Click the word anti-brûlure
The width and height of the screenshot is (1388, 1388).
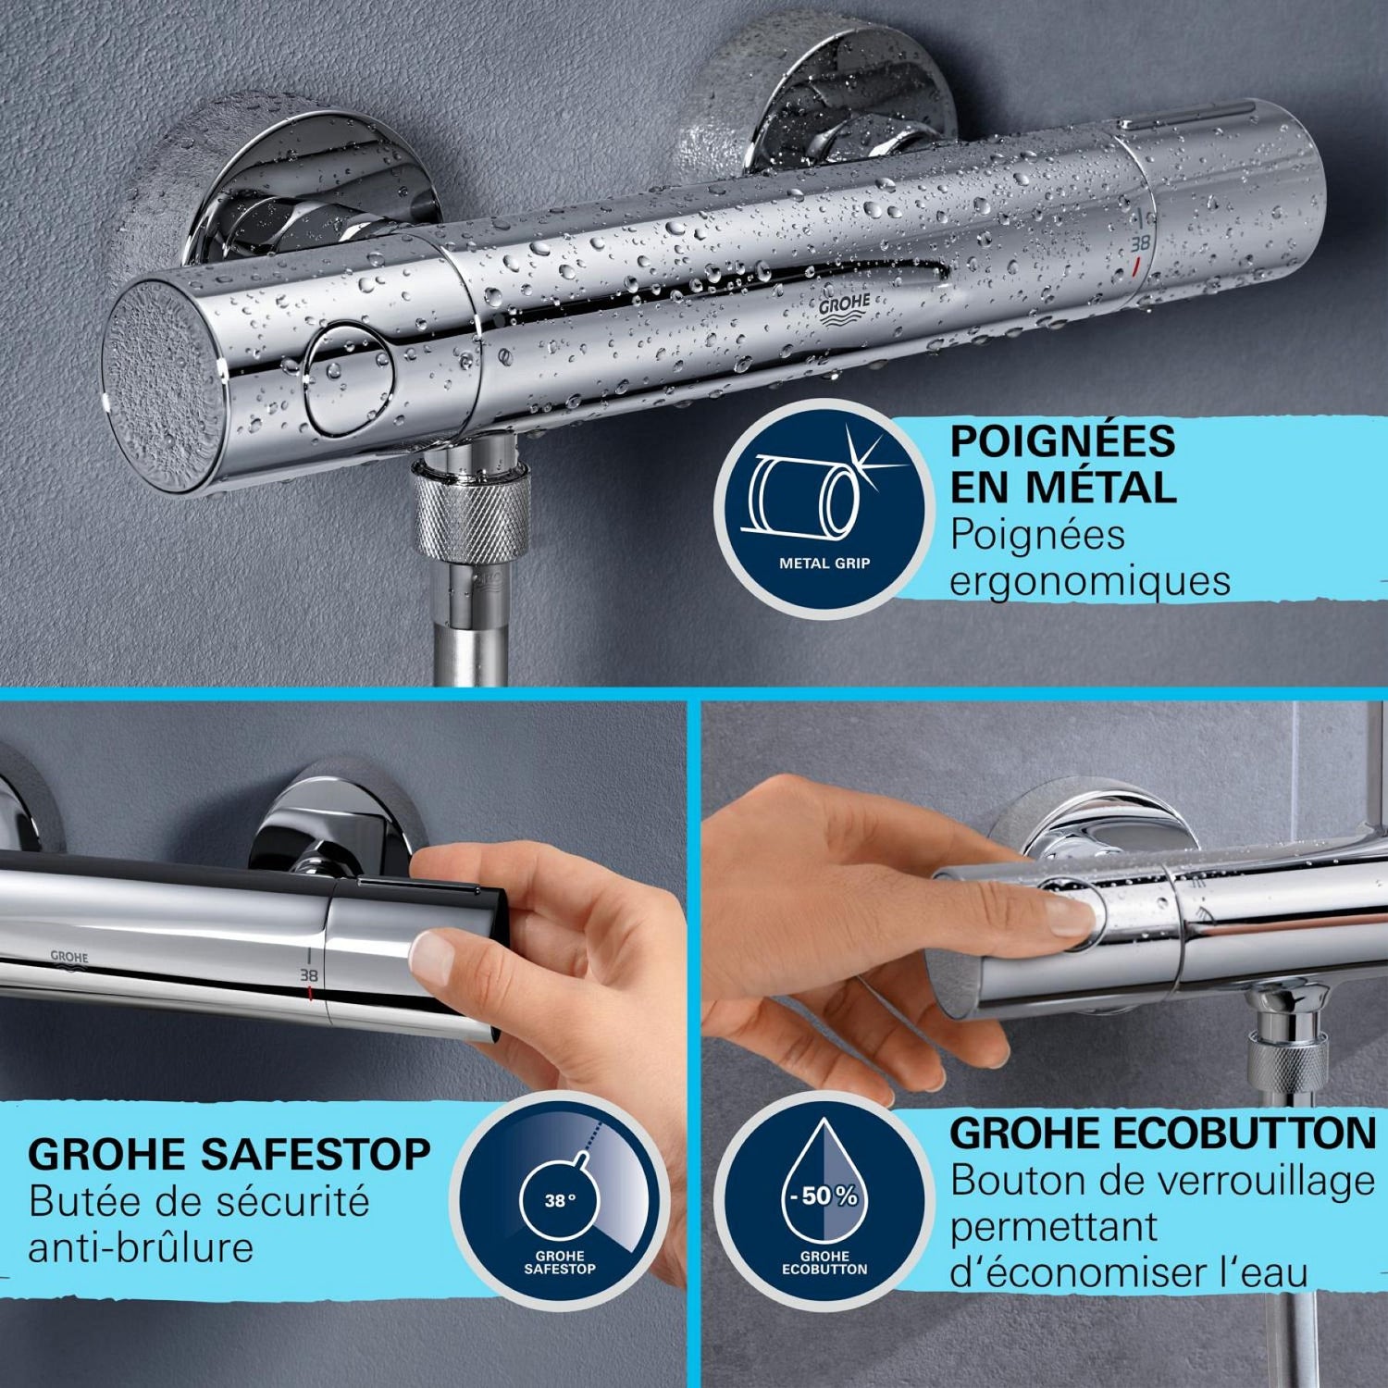tap(141, 1248)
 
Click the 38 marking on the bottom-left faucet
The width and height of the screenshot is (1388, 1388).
tap(307, 975)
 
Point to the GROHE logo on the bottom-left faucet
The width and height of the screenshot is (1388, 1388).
tap(68, 960)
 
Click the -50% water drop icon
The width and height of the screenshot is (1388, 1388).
tap(824, 1208)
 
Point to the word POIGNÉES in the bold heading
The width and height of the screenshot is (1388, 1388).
tap(1062, 440)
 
